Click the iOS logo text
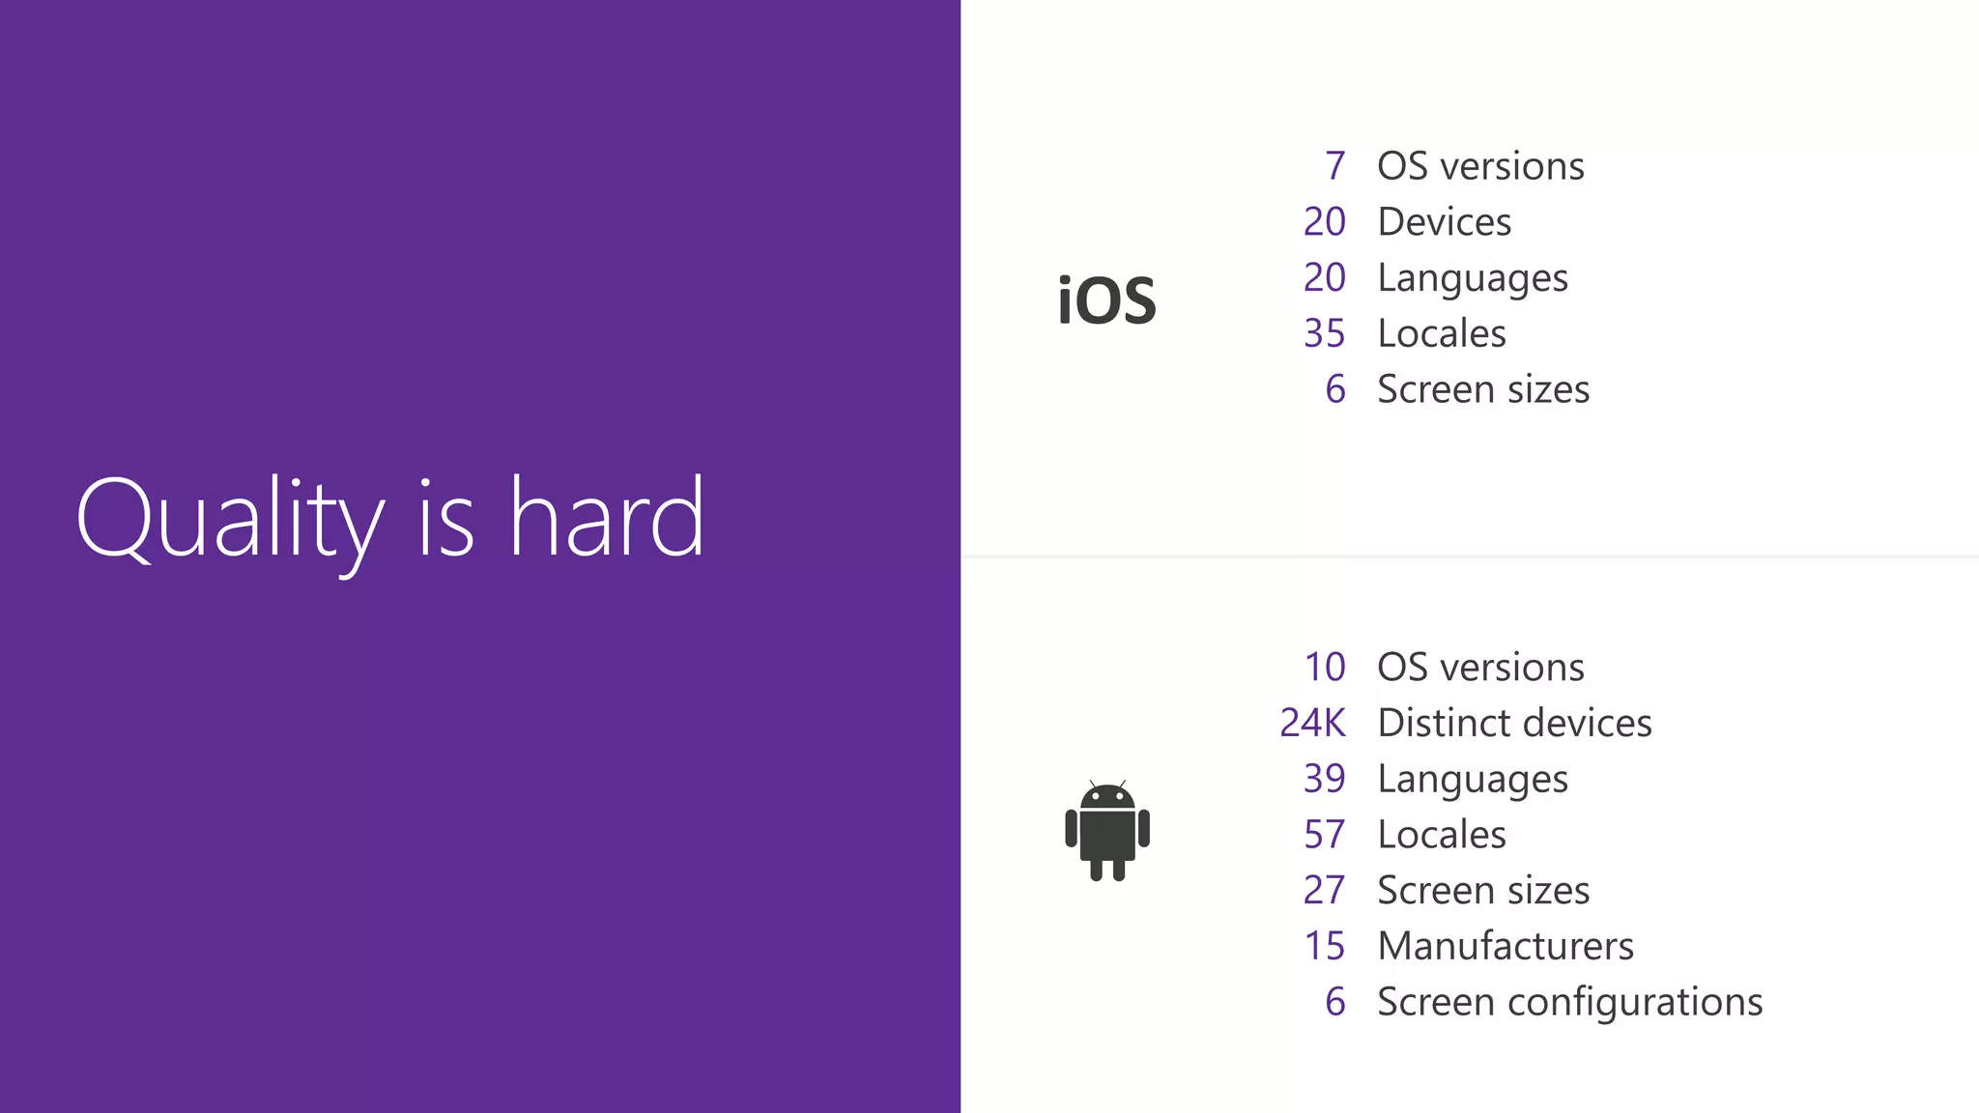[x=1106, y=300]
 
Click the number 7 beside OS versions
[x=1334, y=166]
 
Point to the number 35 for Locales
[x=1324, y=333]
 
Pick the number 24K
[x=1312, y=723]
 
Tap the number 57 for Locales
[x=1324, y=835]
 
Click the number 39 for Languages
[x=1324, y=779]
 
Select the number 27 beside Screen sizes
[x=1324, y=890]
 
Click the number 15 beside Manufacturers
[x=1324, y=946]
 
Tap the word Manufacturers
[x=1505, y=946]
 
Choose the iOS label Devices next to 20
[x=1444, y=222]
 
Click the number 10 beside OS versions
[x=1324, y=667]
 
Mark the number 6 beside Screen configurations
[x=1334, y=1002]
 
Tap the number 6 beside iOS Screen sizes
[x=1334, y=389]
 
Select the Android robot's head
[x=1107, y=797]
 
